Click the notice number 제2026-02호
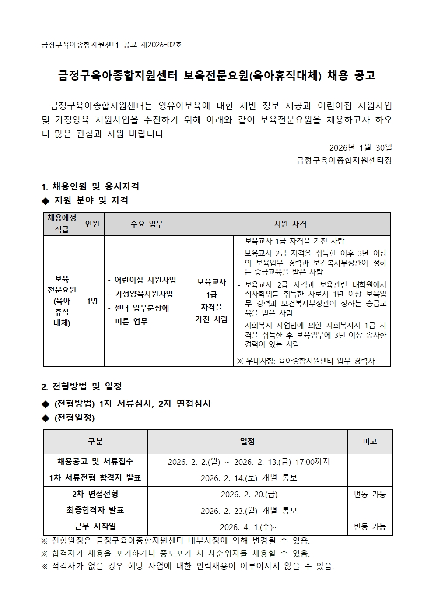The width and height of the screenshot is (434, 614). click(x=161, y=45)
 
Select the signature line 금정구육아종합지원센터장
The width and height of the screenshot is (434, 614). click(x=344, y=161)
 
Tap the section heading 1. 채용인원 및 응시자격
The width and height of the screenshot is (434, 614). click(x=90, y=186)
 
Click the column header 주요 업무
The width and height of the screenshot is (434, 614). click(x=147, y=224)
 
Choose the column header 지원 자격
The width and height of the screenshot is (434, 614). click(x=290, y=224)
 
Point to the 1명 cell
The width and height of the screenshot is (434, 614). click(x=92, y=301)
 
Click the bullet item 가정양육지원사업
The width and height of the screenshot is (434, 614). click(x=143, y=294)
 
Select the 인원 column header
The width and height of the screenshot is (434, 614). click(x=92, y=224)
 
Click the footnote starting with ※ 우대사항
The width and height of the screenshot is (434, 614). click(x=306, y=361)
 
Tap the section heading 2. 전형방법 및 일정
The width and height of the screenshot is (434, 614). click(x=81, y=386)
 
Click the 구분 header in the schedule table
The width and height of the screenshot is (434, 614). click(x=95, y=442)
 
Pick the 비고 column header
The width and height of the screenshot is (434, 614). click(x=370, y=442)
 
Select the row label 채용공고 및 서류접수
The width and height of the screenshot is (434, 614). click(x=95, y=462)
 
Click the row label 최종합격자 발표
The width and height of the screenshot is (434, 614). click(x=95, y=510)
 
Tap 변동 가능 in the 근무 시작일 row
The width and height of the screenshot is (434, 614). click(x=370, y=527)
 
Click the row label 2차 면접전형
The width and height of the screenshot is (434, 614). click(x=95, y=494)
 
